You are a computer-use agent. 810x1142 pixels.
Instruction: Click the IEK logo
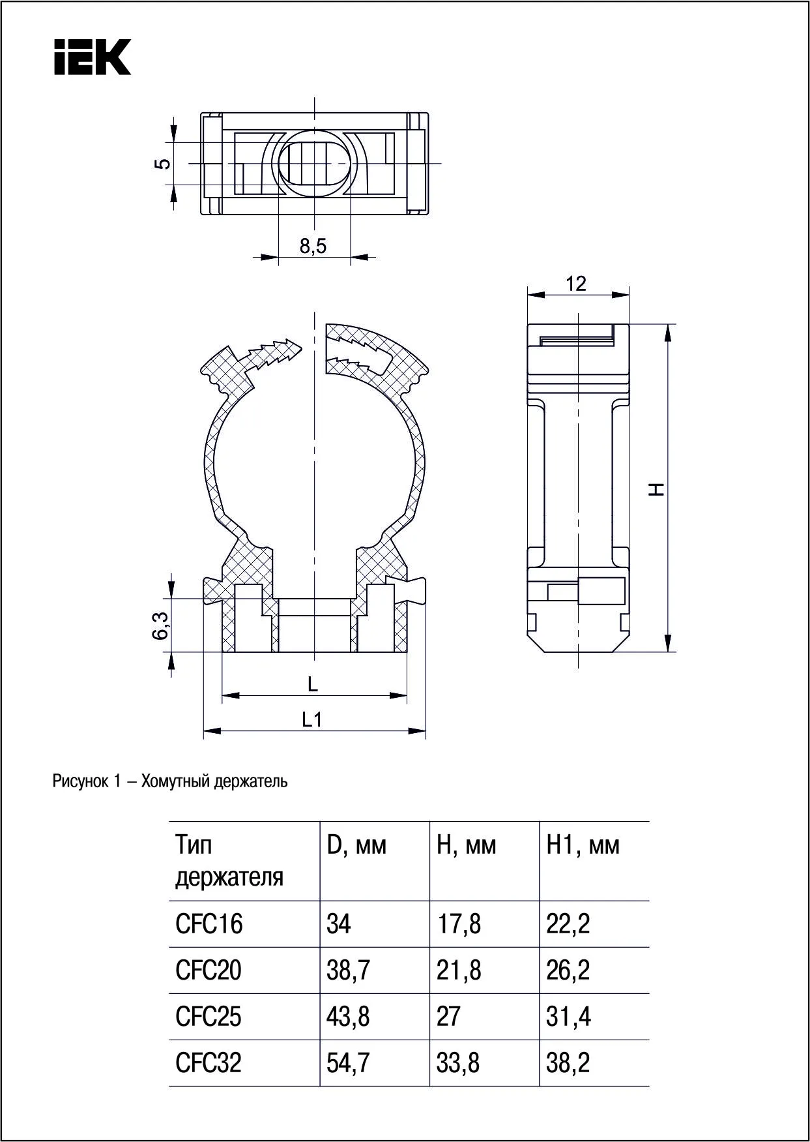point(93,57)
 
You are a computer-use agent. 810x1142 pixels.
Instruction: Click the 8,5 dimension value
point(313,246)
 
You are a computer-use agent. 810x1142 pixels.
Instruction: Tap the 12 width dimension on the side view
point(576,284)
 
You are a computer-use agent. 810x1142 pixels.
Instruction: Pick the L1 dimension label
point(312,719)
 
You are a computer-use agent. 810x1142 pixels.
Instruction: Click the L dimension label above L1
point(313,684)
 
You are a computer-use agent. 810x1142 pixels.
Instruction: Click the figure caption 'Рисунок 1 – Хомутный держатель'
point(170,781)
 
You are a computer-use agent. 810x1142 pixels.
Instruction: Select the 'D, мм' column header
point(356,846)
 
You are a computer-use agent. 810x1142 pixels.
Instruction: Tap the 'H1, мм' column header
point(583,846)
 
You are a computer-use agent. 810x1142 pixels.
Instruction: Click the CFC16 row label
point(209,924)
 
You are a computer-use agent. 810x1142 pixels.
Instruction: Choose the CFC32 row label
point(209,1063)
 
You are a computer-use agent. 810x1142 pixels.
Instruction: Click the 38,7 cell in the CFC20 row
point(348,970)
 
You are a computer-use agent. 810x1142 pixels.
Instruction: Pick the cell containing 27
point(448,1017)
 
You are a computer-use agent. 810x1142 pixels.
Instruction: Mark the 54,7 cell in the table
point(348,1063)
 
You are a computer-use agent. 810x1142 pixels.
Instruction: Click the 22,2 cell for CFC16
point(568,924)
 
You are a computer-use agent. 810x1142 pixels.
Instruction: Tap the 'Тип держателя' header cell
point(229,861)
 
